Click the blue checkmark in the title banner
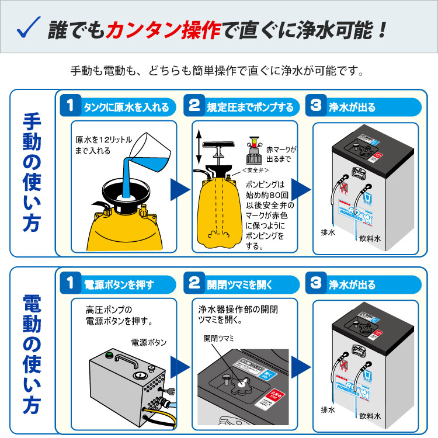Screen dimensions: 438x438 pyautogui.click(x=29, y=28)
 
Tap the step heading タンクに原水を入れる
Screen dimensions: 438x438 pyautogui.click(x=126, y=107)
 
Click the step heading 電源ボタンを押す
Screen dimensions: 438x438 pyautogui.click(x=119, y=285)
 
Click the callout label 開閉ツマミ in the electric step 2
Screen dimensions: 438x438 pyautogui.click(x=218, y=338)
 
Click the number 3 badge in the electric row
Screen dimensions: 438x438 pyautogui.click(x=316, y=284)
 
